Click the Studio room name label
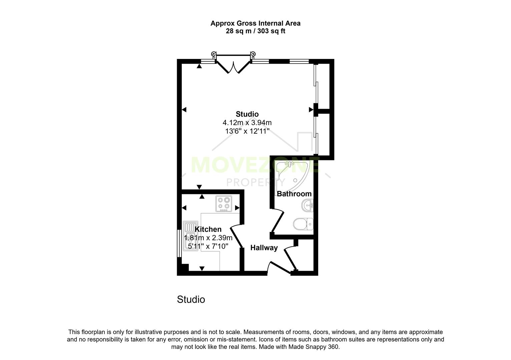click(247, 114)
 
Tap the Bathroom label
click(294, 194)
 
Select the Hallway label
click(264, 248)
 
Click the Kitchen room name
click(208, 229)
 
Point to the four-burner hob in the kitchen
click(223, 204)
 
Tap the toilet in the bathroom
click(303, 224)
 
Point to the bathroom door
click(278, 221)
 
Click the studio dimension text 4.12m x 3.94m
click(247, 123)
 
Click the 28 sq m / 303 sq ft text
click(255, 31)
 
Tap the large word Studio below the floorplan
click(191, 299)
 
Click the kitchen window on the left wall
click(179, 243)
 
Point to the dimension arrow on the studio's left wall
click(184, 110)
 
